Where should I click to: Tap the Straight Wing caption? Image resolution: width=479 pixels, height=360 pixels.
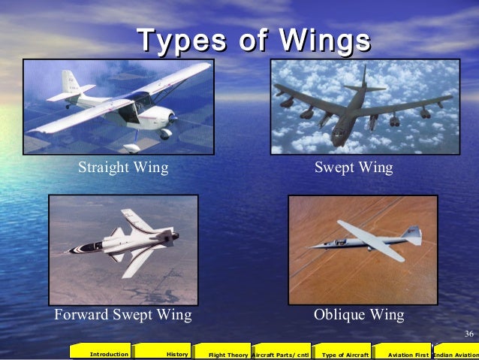[123, 168]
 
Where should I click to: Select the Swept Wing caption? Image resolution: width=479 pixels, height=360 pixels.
[354, 168]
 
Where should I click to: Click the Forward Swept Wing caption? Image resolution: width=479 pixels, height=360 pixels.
[122, 313]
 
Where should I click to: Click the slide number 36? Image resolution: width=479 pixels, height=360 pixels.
[468, 334]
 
